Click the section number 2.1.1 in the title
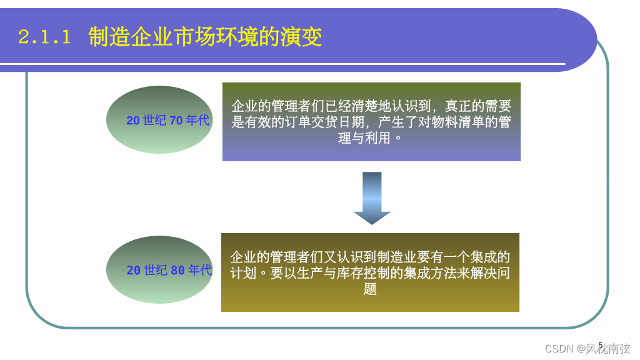pos(44,37)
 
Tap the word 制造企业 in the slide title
pos(122,37)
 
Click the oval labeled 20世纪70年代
pos(160,120)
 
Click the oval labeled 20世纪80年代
pos(160,270)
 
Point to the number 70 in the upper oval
pos(176,121)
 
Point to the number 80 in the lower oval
pos(177,271)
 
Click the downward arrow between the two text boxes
pos(372,197)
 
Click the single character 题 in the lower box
pos(370,289)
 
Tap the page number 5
pos(601,345)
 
